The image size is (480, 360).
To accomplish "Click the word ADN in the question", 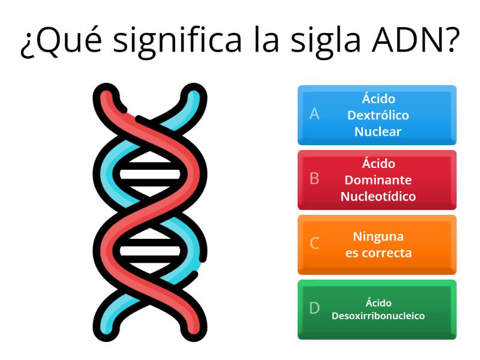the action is click(407, 40).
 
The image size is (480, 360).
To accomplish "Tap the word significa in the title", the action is click(178, 41).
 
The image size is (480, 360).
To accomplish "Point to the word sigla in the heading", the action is click(325, 41).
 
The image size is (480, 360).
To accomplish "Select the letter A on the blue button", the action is click(314, 114).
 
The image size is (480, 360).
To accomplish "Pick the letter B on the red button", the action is click(314, 178).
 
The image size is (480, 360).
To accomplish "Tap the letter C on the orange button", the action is click(314, 244).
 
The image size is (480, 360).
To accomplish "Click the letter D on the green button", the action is click(314, 308).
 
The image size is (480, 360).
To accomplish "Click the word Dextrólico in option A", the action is click(378, 115).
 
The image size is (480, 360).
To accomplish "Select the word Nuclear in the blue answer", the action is click(378, 131).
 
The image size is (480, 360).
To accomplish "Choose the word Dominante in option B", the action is click(378, 180).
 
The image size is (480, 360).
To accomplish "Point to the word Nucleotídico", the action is click(378, 196).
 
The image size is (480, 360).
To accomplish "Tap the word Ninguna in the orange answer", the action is click(378, 236).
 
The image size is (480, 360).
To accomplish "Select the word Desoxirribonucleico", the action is click(378, 316).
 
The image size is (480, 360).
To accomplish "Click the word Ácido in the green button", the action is click(379, 302).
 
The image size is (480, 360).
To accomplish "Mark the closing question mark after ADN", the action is click(452, 40).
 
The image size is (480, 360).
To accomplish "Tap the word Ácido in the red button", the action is click(379, 163).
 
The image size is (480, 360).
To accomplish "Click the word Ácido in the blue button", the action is click(379, 98).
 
